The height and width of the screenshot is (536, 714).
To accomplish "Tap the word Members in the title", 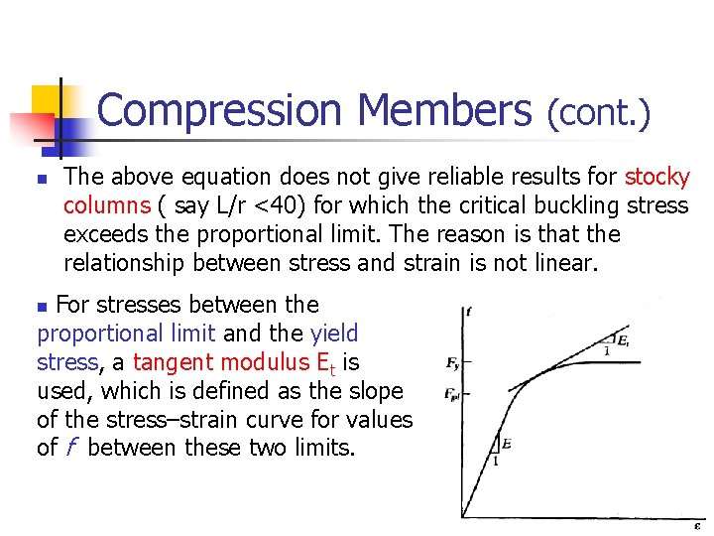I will click(x=444, y=112).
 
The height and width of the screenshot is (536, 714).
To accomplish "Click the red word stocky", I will click(x=656, y=178).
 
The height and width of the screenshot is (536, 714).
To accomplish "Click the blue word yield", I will click(x=334, y=334).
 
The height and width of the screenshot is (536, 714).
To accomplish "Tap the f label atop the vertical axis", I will click(x=468, y=312).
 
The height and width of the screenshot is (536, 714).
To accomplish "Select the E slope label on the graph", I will click(x=506, y=443).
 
